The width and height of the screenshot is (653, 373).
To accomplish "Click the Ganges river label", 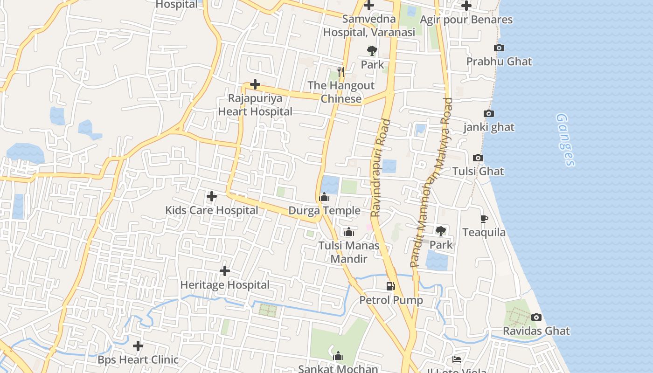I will coord(566,139).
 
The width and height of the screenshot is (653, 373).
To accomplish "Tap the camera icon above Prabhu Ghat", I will coord(499,48).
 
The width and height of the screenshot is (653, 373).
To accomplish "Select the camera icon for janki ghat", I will coord(488,114).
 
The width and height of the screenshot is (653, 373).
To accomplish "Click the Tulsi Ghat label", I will coord(478,171).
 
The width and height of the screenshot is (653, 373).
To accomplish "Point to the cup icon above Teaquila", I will coord(484,219).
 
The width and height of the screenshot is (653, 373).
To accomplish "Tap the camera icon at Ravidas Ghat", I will coord(536,318).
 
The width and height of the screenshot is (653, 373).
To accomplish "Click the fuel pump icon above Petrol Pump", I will coord(390,286).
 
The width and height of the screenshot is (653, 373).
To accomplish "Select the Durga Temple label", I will coord(324,210).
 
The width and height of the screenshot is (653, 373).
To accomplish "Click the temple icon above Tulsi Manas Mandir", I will coord(348,232).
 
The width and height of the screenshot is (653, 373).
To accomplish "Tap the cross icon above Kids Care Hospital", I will coord(211,196).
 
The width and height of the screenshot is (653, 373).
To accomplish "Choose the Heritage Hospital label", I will coord(225,285).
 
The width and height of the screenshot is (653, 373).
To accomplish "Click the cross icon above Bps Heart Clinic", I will coord(138,346).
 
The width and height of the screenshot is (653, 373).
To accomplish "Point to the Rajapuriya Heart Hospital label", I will coord(255,105).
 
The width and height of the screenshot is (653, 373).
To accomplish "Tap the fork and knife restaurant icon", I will coord(341,71).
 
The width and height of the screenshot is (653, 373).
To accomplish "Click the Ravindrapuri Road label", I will coord(380,168).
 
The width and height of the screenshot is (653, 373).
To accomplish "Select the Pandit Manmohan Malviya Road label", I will coord(432,182).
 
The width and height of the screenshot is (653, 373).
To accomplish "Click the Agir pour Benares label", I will coord(466,20).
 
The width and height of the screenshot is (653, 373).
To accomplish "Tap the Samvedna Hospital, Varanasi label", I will coord(369,26).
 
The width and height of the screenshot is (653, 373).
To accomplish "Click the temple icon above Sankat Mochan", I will coord(338,357).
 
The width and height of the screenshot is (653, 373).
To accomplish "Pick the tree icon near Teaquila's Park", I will coord(440,231).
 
